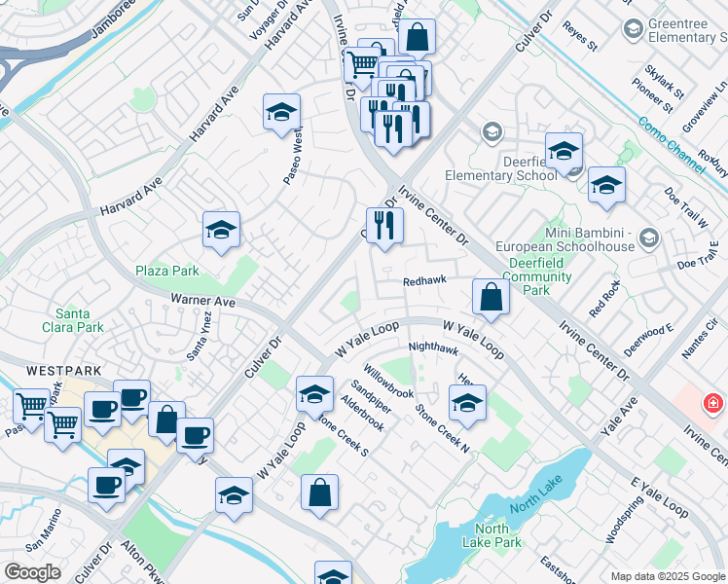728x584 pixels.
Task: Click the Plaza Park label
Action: tap(167, 270)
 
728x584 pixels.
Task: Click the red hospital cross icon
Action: tap(712, 401)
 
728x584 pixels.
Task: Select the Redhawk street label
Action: tap(425, 280)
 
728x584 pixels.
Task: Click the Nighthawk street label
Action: tap(433, 347)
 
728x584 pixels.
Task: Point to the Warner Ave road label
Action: tap(203, 302)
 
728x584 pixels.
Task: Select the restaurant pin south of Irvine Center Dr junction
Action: tap(384, 226)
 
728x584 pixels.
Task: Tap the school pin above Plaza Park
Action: tap(221, 230)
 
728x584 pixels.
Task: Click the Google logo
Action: tap(32, 572)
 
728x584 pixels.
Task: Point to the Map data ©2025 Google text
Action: tap(667, 576)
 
